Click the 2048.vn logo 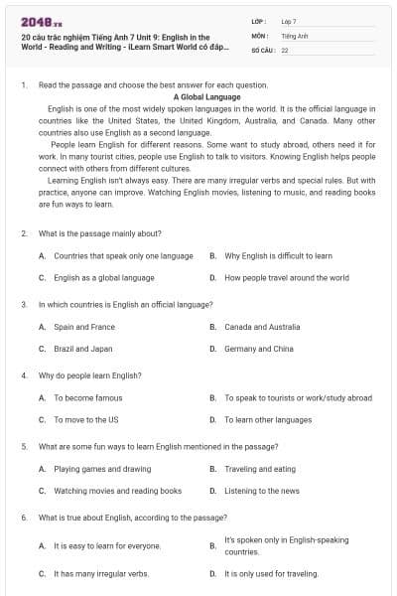coord(36,21)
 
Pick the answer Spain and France coord(84,327)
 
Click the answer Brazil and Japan coord(83,349)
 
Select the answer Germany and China coord(258,349)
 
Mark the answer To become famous coord(88,398)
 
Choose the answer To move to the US coord(85,420)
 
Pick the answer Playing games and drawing coord(102,469)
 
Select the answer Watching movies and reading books coord(117,491)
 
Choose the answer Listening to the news coord(262,491)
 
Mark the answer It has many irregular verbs coord(101,573)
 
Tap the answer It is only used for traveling coord(271,573)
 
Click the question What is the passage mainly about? coord(100,233)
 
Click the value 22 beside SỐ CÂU coord(285,50)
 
